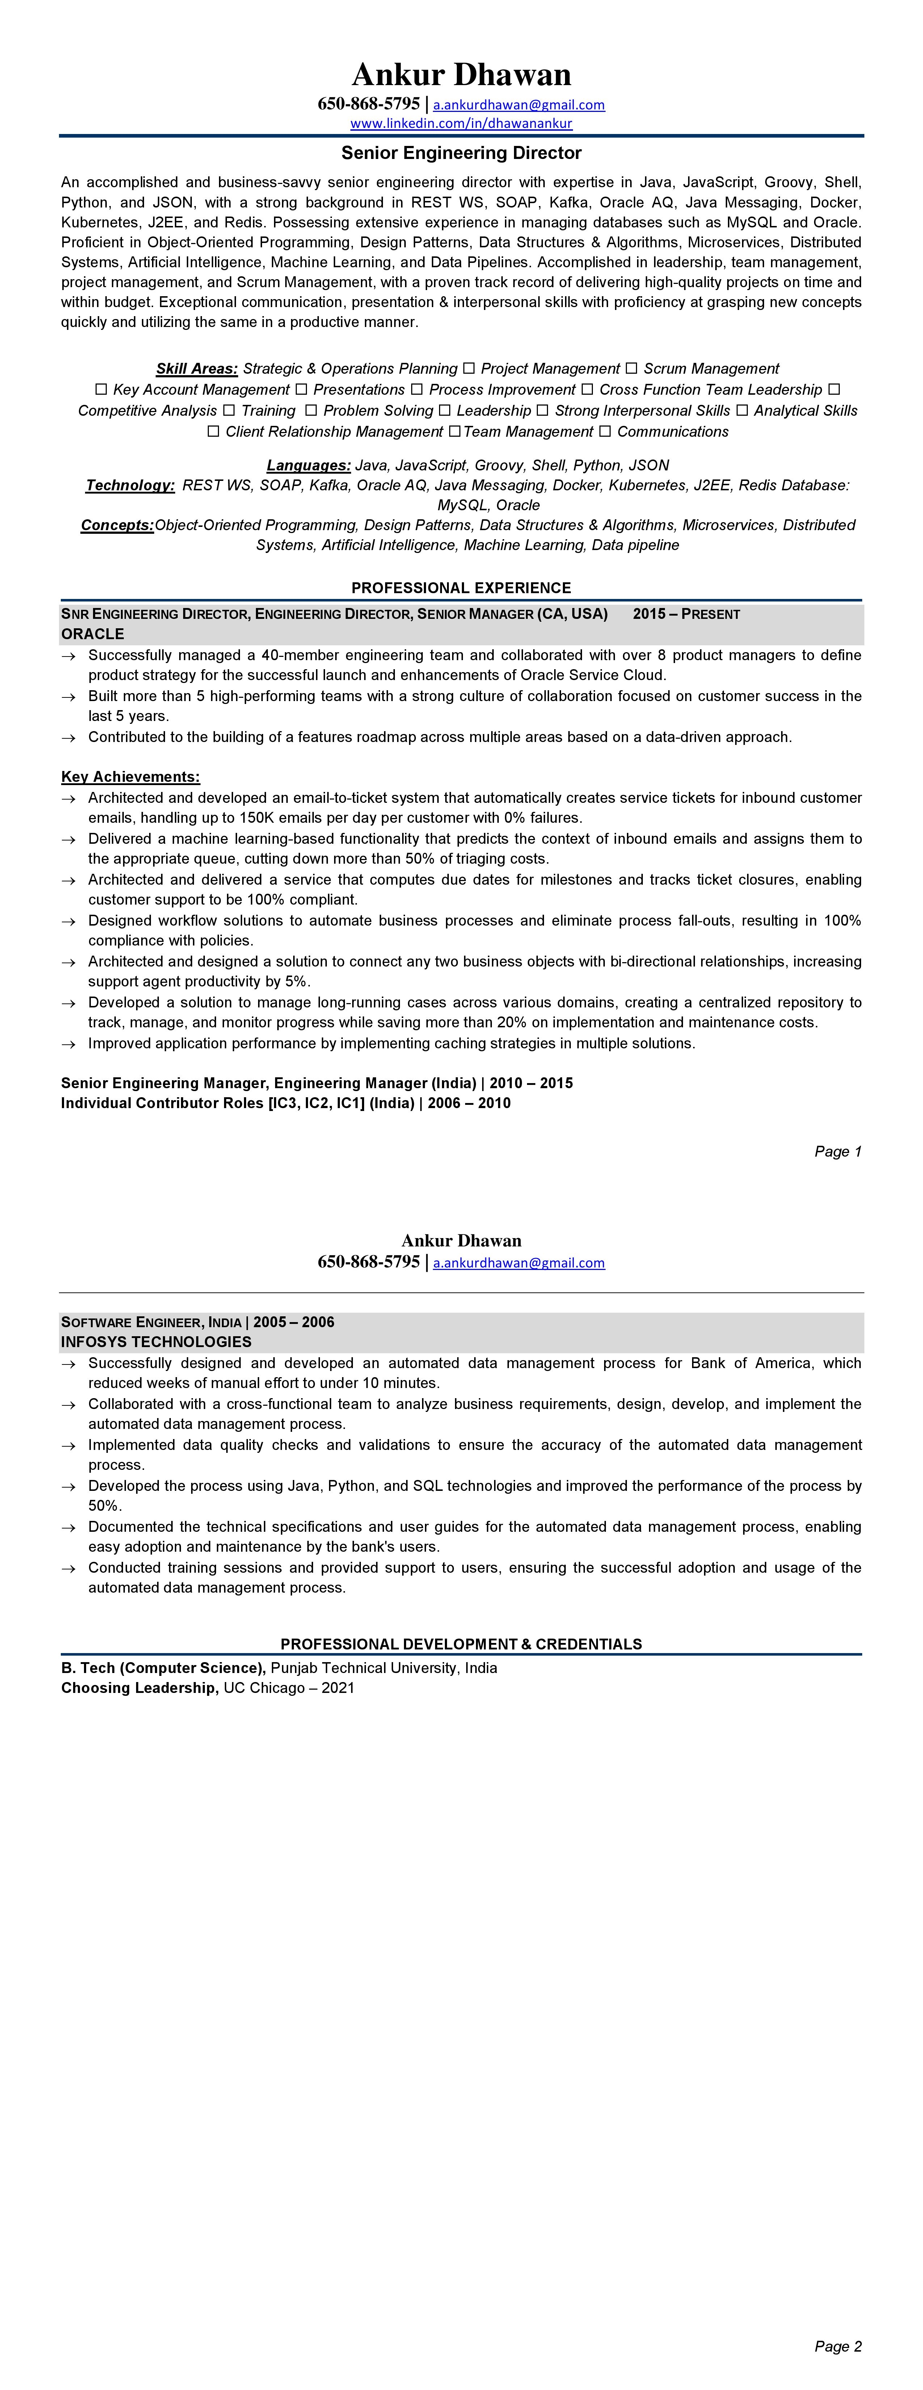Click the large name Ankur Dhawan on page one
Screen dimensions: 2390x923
point(461,74)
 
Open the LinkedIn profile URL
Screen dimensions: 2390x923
point(461,123)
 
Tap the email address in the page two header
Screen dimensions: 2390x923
point(519,1263)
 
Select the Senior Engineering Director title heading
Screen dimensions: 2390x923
point(461,153)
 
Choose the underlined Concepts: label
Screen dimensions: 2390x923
point(117,525)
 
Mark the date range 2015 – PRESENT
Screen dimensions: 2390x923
point(686,614)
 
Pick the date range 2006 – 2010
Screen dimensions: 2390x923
point(469,1103)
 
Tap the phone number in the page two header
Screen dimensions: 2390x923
point(368,1262)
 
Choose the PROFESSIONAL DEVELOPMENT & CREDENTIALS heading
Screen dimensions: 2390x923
point(461,1644)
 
